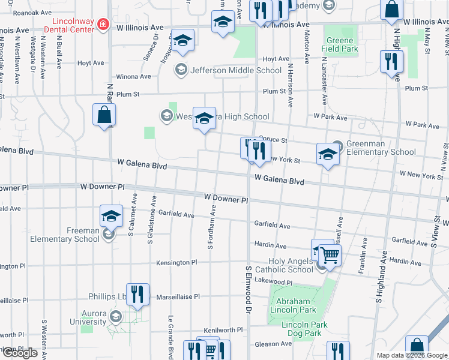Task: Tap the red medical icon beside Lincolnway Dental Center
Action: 103,25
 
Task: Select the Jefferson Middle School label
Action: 235,70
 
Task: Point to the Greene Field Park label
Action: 340,44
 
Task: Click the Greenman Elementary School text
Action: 376,148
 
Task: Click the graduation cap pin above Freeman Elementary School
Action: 111,215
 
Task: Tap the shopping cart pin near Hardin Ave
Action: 330,254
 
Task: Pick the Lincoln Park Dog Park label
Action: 304,329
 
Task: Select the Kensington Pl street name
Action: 176,263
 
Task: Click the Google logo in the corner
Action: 19,353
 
